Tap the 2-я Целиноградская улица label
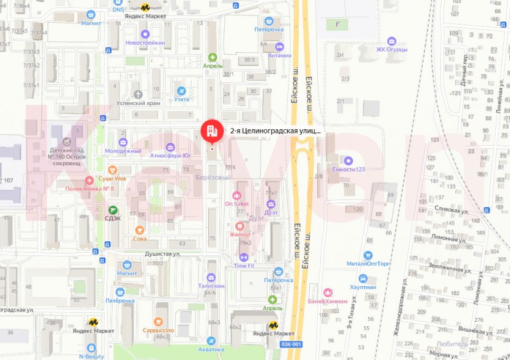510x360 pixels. (x=275, y=130)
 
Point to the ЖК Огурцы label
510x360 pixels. (x=394, y=50)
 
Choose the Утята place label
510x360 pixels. (x=181, y=98)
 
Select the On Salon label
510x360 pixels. (x=237, y=204)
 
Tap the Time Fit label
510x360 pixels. (x=243, y=266)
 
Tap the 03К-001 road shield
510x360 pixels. (x=291, y=344)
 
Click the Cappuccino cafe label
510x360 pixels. (x=158, y=330)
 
